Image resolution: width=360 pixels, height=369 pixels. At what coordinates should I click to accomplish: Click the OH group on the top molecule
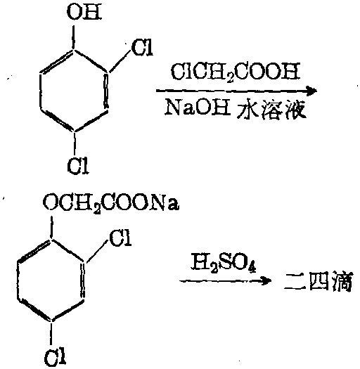click(x=84, y=12)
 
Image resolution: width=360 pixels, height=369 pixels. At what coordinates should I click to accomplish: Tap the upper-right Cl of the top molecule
click(x=142, y=48)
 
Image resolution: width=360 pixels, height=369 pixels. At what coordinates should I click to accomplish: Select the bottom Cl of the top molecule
click(x=78, y=165)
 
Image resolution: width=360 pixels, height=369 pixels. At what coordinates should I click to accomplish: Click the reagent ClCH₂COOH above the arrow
click(x=236, y=72)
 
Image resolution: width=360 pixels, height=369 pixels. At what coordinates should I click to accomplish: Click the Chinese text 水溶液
click(x=271, y=110)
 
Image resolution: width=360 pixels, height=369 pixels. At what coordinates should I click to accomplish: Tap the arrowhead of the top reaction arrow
click(x=311, y=91)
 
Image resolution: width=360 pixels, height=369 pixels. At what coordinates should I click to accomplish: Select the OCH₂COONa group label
click(x=111, y=203)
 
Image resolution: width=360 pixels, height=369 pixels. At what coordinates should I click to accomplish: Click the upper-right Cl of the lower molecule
click(x=120, y=238)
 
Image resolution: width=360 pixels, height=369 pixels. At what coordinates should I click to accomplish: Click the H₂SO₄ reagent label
click(x=223, y=263)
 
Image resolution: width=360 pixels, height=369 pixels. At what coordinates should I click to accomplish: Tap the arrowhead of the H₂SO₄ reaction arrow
click(x=266, y=280)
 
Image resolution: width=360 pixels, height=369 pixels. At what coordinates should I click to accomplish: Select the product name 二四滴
click(x=318, y=281)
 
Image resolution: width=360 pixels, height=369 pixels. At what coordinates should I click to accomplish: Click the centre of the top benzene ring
click(x=74, y=91)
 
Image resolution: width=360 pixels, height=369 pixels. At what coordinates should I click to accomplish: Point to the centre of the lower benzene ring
click(x=51, y=280)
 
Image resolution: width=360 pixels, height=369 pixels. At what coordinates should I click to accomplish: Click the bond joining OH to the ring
click(x=74, y=37)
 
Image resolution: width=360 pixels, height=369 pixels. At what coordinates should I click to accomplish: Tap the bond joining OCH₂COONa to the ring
click(x=51, y=228)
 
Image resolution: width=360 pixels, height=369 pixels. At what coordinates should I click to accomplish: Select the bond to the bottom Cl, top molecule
click(x=75, y=143)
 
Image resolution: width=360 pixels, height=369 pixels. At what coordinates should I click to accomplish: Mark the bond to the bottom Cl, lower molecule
click(x=51, y=334)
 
